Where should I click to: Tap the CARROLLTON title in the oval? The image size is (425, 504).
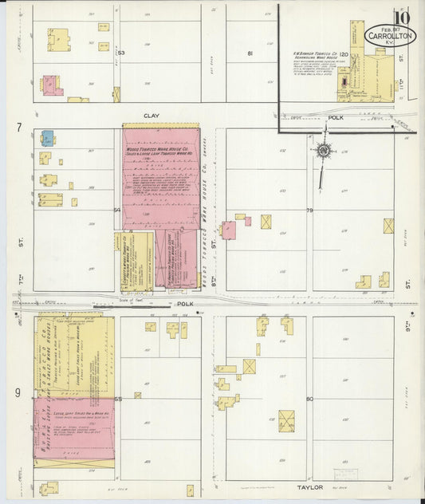[x=390, y=36]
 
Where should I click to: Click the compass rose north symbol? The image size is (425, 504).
[x=324, y=150]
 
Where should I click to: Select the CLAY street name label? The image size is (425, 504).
[x=152, y=116]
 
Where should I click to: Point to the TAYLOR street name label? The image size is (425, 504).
[x=309, y=486]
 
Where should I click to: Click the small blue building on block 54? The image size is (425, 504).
[x=48, y=138]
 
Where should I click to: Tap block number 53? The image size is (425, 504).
[x=122, y=53]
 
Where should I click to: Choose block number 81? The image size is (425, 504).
[x=250, y=53]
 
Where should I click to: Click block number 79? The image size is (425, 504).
[x=309, y=210]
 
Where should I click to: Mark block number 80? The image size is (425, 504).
[x=309, y=399]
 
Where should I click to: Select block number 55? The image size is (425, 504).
[x=118, y=399]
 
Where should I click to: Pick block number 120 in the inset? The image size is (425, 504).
[x=344, y=54]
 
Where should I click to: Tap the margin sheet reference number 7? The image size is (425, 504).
[x=18, y=128]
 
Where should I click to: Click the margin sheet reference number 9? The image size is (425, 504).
[x=18, y=392]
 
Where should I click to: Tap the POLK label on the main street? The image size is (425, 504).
[x=185, y=304]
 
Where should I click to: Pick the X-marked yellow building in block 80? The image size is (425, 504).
[x=286, y=420]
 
